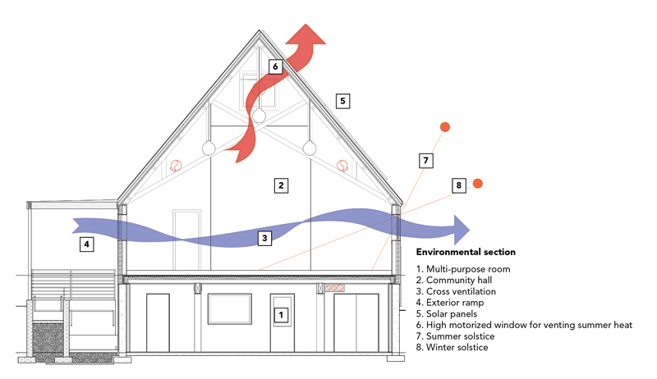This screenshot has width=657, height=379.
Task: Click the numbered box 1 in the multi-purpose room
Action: (x=281, y=313)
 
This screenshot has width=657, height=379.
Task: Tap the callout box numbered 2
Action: (x=281, y=185)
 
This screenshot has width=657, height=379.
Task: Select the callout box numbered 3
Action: (x=264, y=239)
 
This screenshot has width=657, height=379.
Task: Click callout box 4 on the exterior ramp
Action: (x=87, y=244)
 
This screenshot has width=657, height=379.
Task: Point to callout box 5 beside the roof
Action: (x=344, y=101)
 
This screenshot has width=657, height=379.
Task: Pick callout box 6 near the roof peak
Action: (x=276, y=66)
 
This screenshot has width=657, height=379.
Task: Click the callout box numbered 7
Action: (x=425, y=161)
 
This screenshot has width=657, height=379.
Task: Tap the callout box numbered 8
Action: (x=458, y=185)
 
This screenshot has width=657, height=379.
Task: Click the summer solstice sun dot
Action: (x=444, y=126)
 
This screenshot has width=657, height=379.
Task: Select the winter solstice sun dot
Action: (x=477, y=183)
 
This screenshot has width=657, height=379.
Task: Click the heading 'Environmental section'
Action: (x=466, y=252)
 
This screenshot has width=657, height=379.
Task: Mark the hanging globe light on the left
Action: (x=209, y=148)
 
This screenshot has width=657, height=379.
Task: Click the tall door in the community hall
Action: (x=187, y=239)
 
